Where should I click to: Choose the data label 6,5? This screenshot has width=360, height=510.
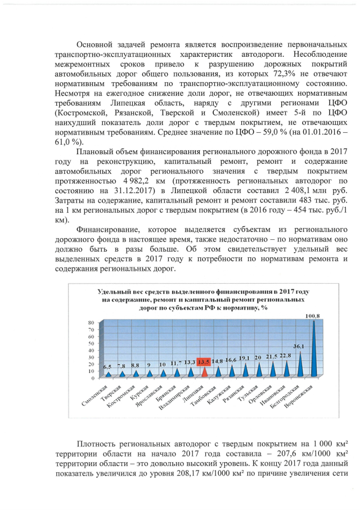(107, 367)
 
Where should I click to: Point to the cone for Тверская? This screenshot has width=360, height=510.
(121, 373)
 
